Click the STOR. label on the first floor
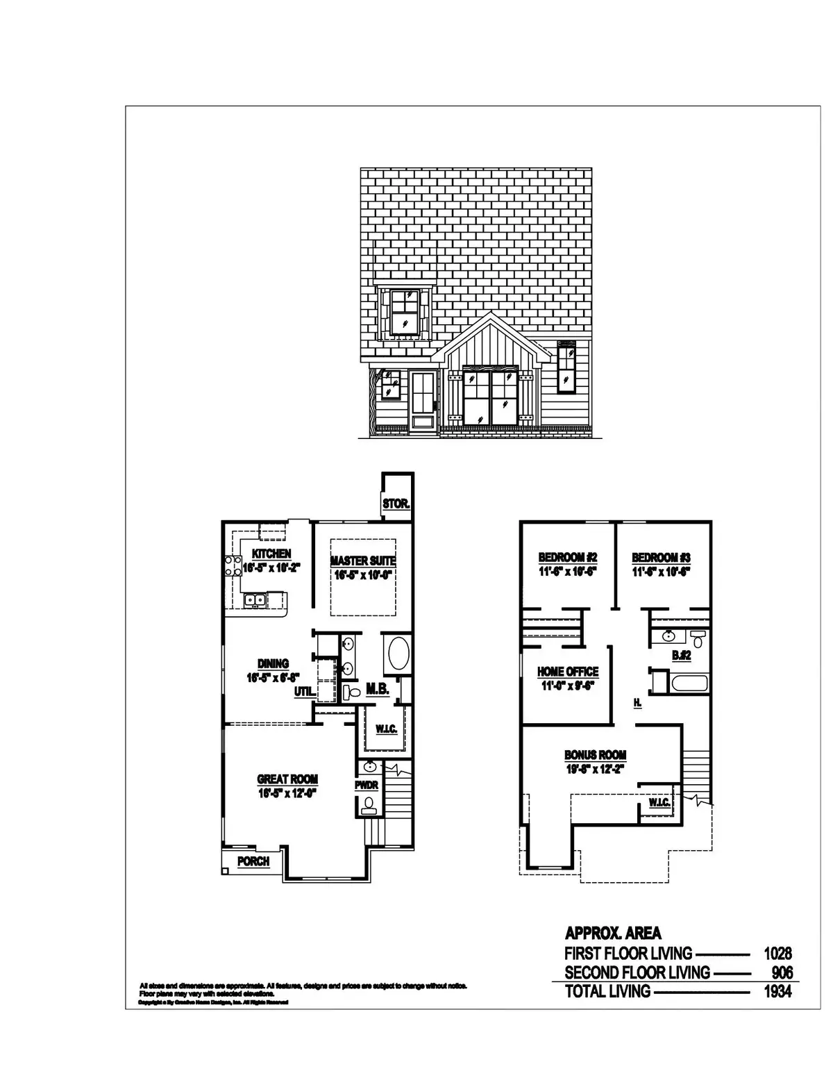[x=396, y=504]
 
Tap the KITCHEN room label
[x=271, y=554]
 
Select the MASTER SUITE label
[x=363, y=561]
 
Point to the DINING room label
[x=273, y=664]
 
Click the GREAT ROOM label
[x=287, y=779]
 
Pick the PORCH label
[x=253, y=861]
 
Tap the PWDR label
[x=366, y=786]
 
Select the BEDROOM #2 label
[x=568, y=557]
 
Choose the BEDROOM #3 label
[x=661, y=557]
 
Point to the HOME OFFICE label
[x=568, y=672]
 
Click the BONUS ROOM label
[x=595, y=755]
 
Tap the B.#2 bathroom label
[x=680, y=654]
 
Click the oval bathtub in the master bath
[x=398, y=654]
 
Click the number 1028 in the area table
[x=777, y=954]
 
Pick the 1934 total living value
[x=777, y=991]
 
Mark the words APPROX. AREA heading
[x=613, y=933]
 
